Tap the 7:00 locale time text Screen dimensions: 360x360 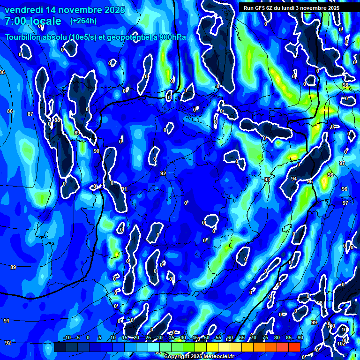(x=33, y=21)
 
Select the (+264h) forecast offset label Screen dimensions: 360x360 (x=83, y=21)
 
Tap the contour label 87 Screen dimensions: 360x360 (x=30, y=114)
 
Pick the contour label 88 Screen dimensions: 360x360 (x=57, y=120)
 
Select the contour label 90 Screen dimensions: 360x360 (x=96, y=151)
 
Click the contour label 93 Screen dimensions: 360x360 (x=267, y=180)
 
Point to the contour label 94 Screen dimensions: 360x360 (x=294, y=179)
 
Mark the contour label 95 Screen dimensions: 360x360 (x=310, y=181)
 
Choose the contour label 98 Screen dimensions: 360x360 (x=345, y=85)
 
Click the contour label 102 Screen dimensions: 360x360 (x=341, y=343)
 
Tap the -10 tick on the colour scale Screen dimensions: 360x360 (x=66, y=338)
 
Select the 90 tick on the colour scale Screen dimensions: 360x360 (x=300, y=338)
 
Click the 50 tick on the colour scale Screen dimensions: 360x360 (x=207, y=338)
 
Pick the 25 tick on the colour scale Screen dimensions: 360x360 (x=148, y=338)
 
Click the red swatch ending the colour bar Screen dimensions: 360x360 (x=294, y=347)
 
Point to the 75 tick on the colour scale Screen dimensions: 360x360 (x=265, y=338)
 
